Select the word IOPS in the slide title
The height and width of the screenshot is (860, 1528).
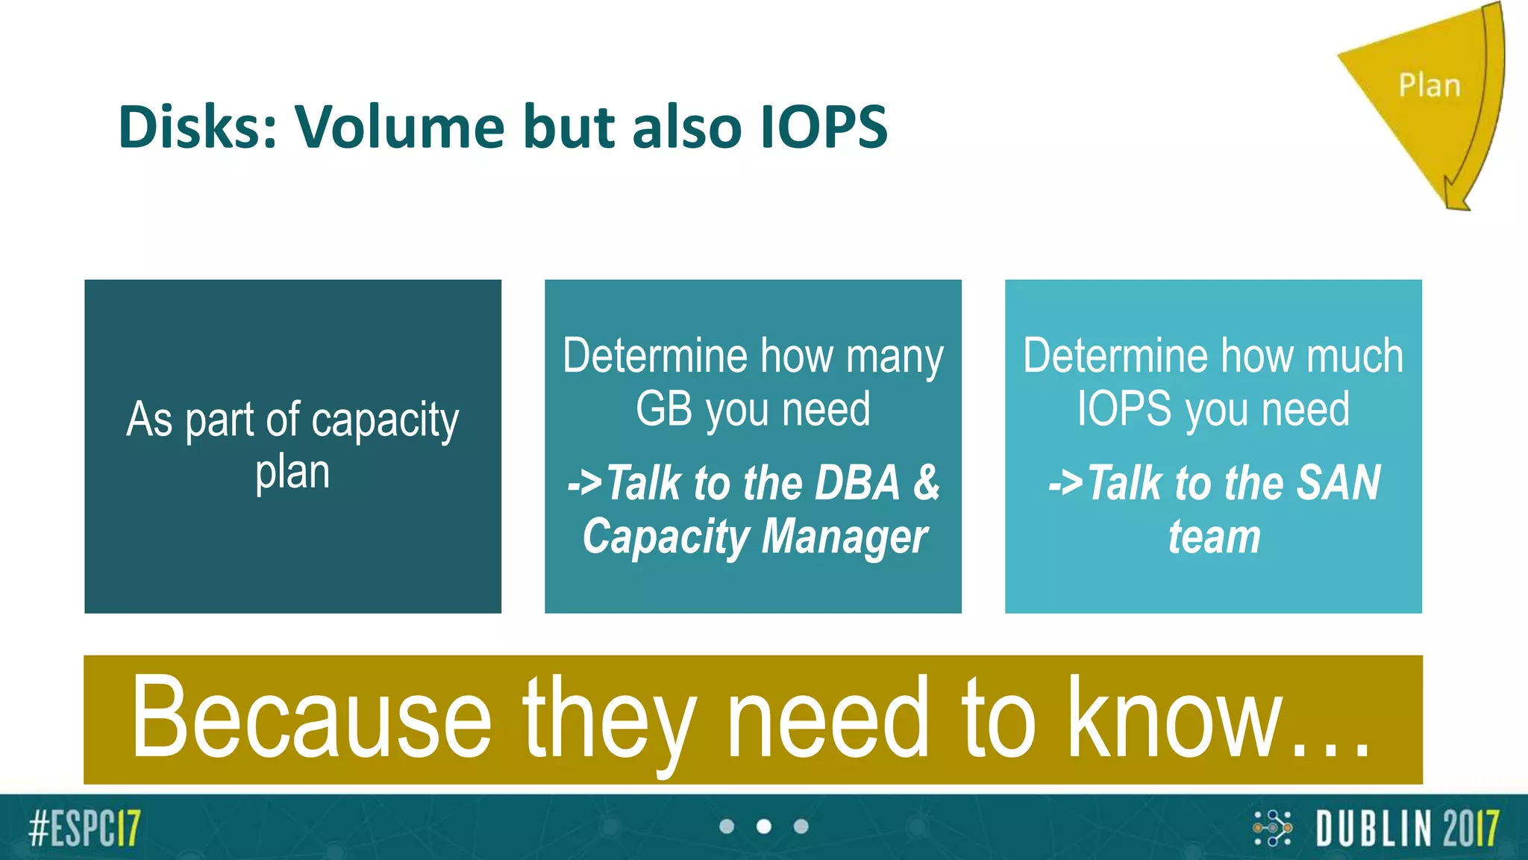[x=824, y=127]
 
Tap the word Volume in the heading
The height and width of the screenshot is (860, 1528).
[x=399, y=127]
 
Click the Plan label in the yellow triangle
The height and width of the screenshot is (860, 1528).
[x=1429, y=86]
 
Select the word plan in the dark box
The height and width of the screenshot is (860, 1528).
[x=292, y=473]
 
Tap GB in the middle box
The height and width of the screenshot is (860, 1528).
[x=664, y=409]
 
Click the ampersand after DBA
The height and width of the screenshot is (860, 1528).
[x=926, y=483]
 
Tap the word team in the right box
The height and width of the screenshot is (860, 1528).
[x=1214, y=537]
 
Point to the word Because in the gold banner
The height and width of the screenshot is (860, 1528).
[x=311, y=718]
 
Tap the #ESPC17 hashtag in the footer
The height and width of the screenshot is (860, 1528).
[x=84, y=828]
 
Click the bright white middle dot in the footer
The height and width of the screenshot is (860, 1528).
[x=764, y=826]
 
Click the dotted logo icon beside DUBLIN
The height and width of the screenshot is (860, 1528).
[x=1272, y=828]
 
